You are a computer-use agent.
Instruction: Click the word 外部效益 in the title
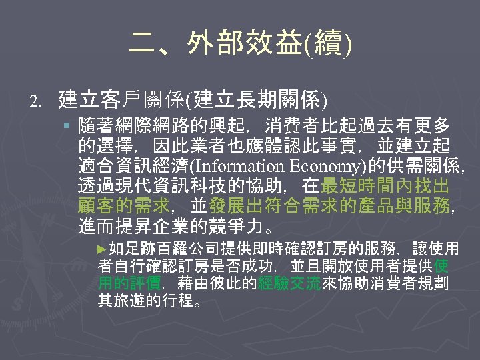click(228, 45)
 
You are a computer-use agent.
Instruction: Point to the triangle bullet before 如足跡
click(101, 249)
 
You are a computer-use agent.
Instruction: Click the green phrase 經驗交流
click(289, 283)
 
